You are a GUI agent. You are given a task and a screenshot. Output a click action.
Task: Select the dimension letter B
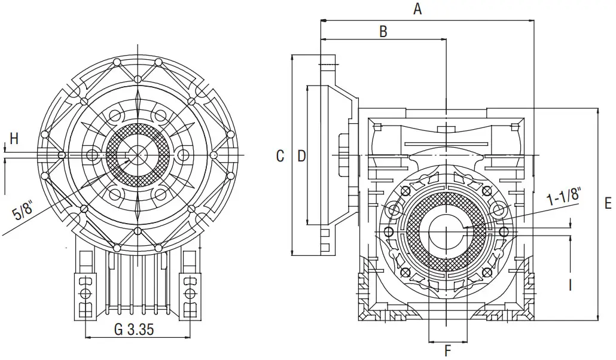383,31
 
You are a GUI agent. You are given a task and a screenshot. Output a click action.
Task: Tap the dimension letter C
280,156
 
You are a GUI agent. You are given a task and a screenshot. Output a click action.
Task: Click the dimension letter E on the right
608,204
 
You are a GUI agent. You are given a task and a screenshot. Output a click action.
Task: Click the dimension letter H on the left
14,139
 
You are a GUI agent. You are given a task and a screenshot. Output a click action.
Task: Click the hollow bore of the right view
446,231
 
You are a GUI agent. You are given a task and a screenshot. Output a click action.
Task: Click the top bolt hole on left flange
137,79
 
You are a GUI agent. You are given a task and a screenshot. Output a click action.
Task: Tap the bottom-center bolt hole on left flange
137,231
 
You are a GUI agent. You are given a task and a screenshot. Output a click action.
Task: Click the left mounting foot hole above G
86,293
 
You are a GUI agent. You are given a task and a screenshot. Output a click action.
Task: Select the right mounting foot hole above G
191,293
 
